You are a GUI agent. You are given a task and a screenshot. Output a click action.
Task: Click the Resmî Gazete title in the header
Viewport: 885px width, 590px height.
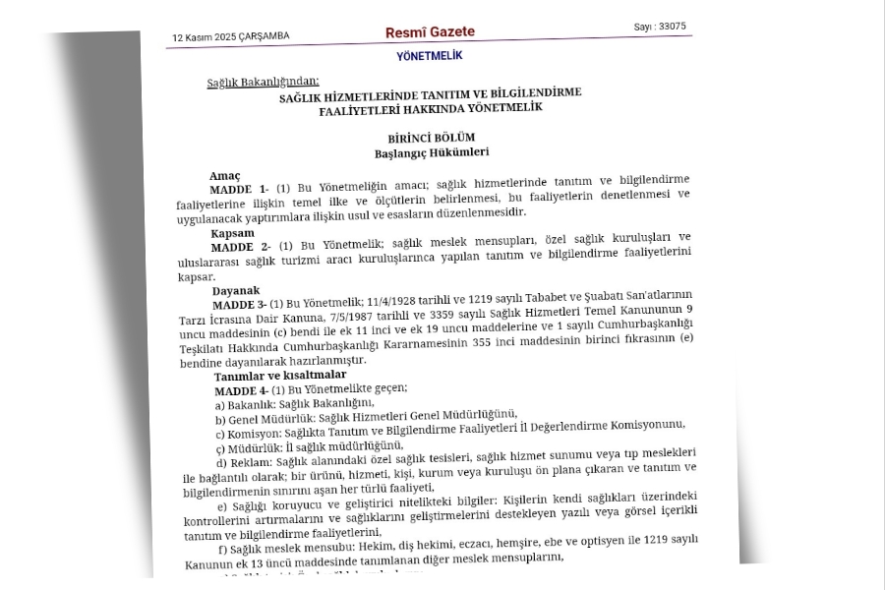(430, 32)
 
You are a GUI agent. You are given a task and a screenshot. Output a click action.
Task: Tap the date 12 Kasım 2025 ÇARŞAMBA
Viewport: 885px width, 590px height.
(231, 37)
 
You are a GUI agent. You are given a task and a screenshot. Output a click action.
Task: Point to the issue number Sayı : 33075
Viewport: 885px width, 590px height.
(660, 27)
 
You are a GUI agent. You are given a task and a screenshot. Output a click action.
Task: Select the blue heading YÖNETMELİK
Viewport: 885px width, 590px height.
(429, 57)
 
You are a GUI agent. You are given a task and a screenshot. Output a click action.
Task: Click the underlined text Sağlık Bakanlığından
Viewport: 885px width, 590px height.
(263, 83)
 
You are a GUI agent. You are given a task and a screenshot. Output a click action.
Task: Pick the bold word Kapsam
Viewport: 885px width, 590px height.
(233, 233)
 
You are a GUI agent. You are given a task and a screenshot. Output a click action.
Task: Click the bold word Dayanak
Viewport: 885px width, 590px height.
(236, 291)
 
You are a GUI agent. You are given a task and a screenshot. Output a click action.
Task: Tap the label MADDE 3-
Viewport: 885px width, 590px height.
(240, 305)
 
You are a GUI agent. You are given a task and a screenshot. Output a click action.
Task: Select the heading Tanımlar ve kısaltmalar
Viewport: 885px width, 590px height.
(284, 376)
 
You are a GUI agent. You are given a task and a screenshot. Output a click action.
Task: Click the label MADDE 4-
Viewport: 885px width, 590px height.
(242, 390)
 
